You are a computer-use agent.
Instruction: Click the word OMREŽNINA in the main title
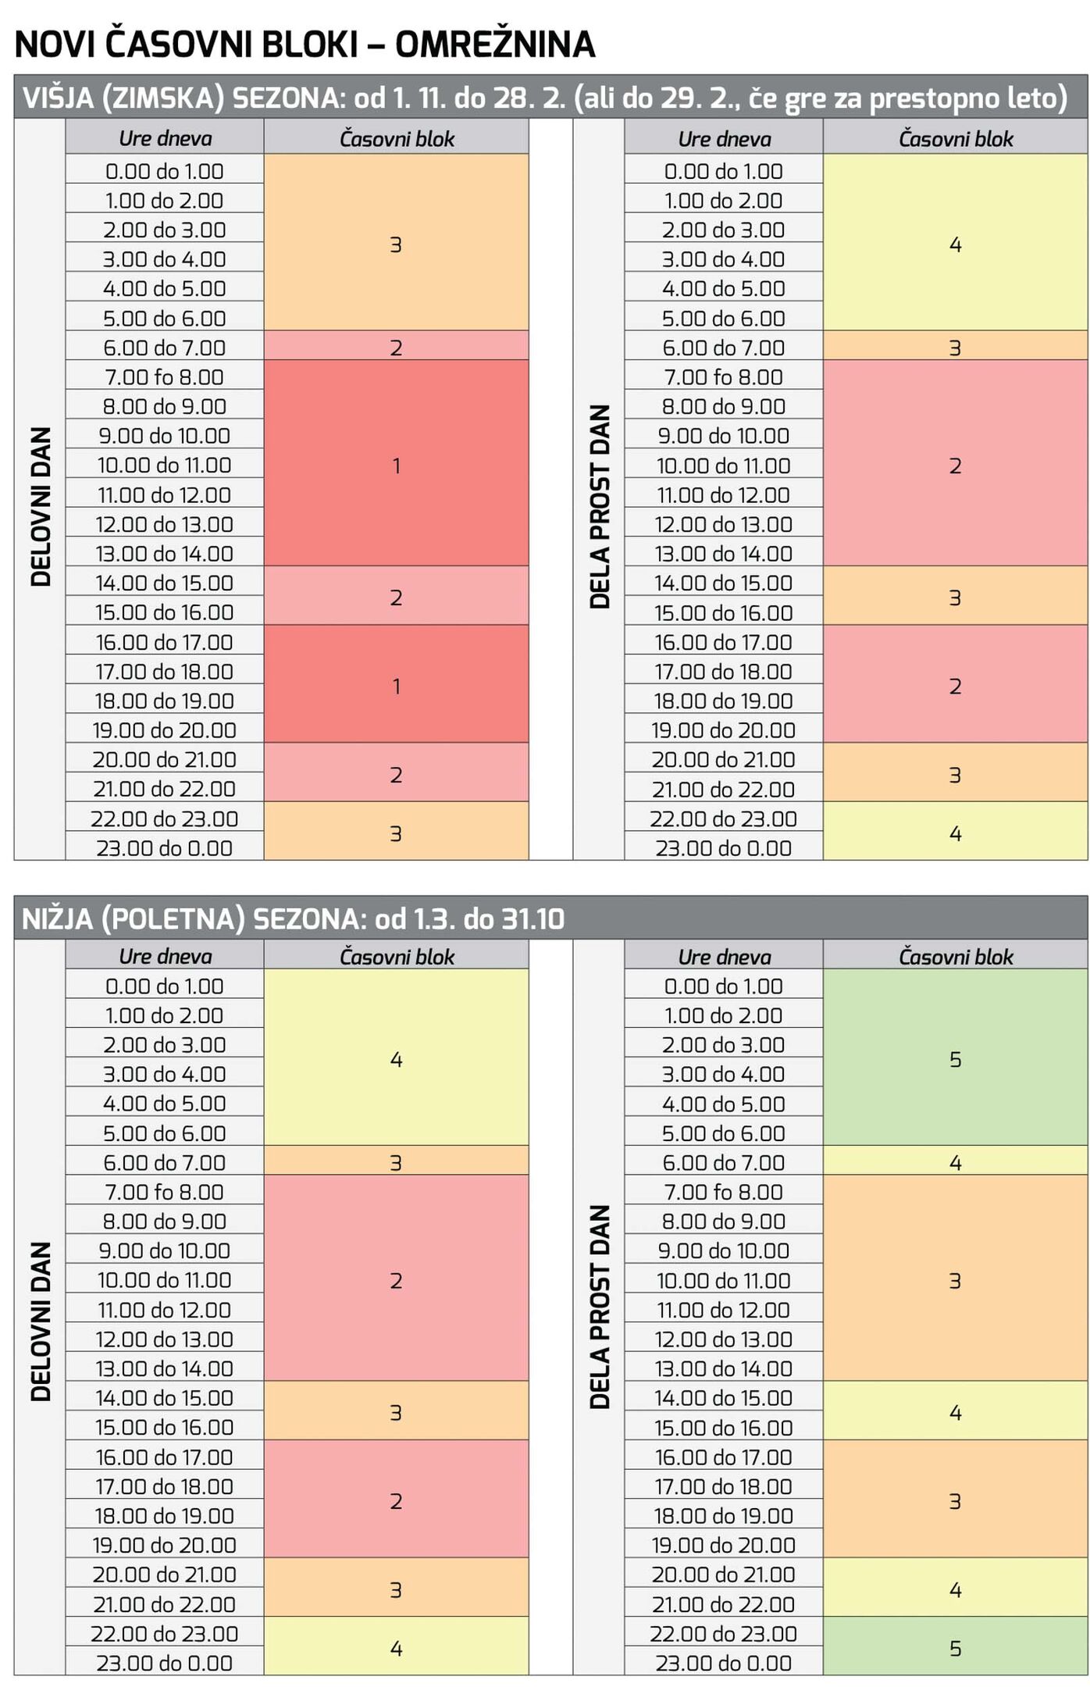click(495, 45)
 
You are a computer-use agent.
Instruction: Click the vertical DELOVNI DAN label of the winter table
click(41, 506)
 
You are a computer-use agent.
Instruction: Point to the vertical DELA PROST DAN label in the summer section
click(600, 1306)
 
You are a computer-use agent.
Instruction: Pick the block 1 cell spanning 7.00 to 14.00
click(396, 465)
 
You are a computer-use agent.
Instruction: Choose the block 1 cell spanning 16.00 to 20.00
click(396, 685)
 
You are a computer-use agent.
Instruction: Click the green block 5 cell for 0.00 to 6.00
click(955, 1058)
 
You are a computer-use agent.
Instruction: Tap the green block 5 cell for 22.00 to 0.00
click(955, 1648)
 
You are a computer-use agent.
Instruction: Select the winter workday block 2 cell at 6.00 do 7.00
click(396, 347)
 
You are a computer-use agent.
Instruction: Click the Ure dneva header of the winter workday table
click(165, 138)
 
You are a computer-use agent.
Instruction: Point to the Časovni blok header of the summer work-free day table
click(955, 956)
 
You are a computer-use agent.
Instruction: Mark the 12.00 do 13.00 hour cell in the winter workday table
click(164, 524)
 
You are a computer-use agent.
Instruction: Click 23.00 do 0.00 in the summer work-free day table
click(723, 1663)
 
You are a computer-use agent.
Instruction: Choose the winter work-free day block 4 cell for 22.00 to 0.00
click(955, 833)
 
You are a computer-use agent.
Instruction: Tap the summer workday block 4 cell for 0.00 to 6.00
click(396, 1058)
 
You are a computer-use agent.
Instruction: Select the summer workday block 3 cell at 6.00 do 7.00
click(396, 1162)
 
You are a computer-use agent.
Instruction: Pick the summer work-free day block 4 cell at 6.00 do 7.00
click(955, 1162)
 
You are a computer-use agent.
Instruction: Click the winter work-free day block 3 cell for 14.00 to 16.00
click(955, 597)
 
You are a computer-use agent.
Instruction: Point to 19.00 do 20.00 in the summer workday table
click(164, 1545)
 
